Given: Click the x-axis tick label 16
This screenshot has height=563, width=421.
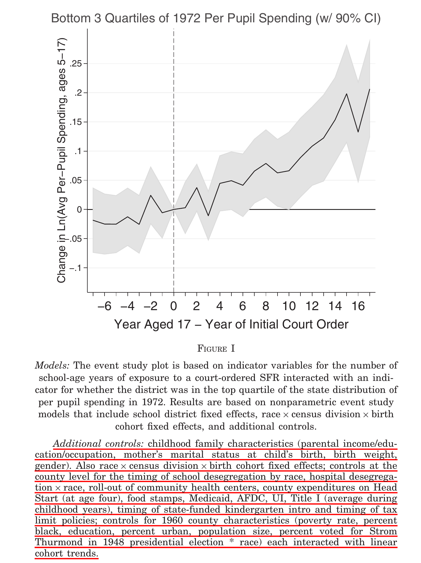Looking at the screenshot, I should (x=358, y=307).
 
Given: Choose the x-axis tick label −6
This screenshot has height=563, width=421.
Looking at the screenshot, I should (x=104, y=307).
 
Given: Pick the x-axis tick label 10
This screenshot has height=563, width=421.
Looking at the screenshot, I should (x=289, y=307).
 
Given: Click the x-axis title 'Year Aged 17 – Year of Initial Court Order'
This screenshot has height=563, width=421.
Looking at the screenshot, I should (x=231, y=325).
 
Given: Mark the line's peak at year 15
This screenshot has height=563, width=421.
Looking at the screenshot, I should (x=347, y=94).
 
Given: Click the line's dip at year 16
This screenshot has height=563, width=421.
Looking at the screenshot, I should (x=358, y=132).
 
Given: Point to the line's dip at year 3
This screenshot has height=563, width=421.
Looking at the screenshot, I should (x=208, y=216).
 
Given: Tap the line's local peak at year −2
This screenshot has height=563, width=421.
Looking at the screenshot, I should (x=151, y=195).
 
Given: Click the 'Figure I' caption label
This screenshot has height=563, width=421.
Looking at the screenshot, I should (x=216, y=349).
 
